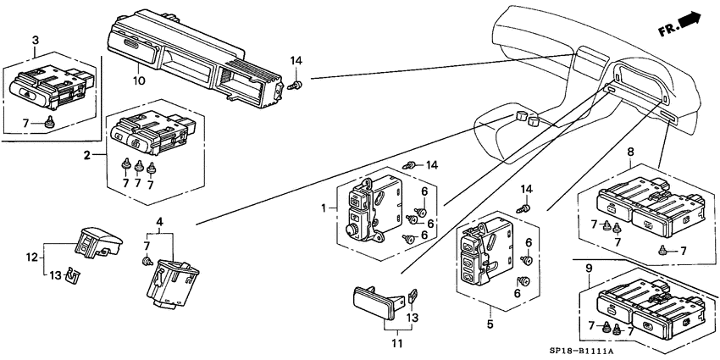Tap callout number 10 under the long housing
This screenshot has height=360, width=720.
click(139, 81)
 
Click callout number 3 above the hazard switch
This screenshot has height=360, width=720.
click(36, 41)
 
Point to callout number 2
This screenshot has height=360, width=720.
click(86, 155)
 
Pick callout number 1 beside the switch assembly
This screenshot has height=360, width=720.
click(324, 208)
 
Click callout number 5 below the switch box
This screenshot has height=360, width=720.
click(490, 324)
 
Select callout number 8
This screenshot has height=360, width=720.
click(630, 151)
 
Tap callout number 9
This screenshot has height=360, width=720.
click(590, 268)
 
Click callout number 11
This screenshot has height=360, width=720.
click(396, 343)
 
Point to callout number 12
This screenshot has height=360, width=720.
click(30, 258)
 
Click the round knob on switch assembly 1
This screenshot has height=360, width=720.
click(352, 230)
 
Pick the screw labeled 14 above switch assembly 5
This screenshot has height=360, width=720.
click(523, 208)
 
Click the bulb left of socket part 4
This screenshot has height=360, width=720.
click(147, 261)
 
